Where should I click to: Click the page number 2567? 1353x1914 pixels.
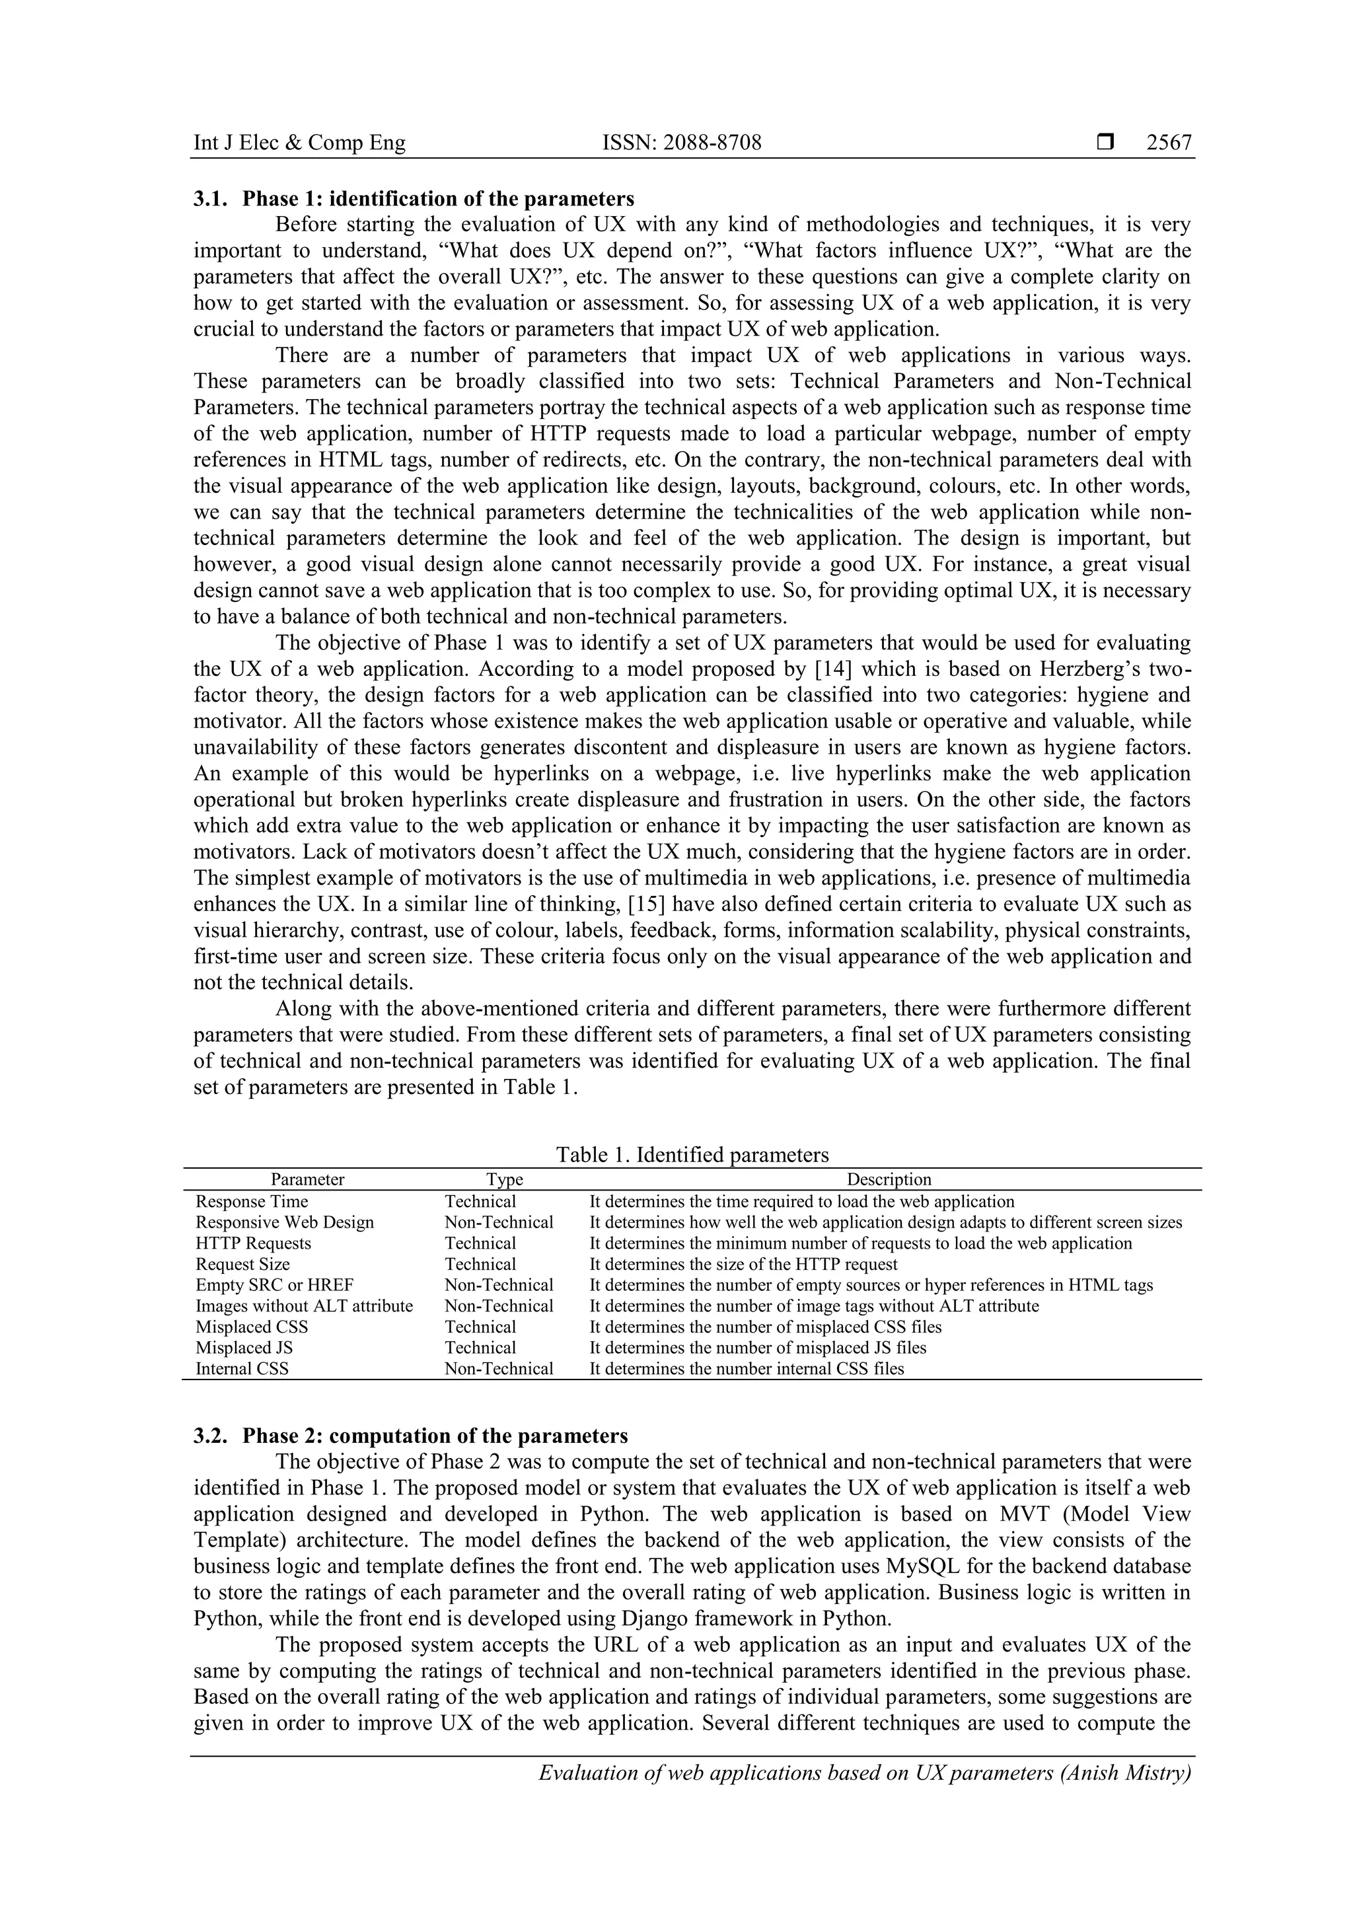click(1169, 143)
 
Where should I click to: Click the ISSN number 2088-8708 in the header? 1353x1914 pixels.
click(681, 143)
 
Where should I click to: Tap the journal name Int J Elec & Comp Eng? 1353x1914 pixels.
click(299, 143)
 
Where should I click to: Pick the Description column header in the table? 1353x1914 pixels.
click(889, 1179)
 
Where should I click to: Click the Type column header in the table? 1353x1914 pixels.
click(504, 1179)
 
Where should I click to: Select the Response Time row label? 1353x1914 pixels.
click(252, 1202)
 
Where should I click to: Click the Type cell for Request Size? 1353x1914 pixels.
click(480, 1265)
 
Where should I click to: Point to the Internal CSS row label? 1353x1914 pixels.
click(242, 1369)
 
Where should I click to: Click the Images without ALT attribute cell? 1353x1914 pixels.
click(305, 1306)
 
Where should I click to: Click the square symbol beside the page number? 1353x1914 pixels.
click(1105, 143)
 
